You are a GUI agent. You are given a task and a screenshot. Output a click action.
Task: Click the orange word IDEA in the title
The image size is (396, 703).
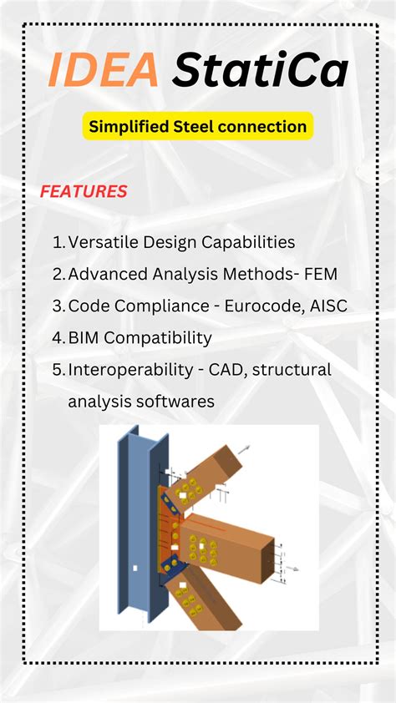click(102, 70)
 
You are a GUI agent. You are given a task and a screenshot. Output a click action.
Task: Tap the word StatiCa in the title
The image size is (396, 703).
click(260, 70)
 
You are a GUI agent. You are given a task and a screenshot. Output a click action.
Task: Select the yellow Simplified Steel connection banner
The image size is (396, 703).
click(198, 126)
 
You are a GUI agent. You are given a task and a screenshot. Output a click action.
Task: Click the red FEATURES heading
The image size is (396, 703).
click(84, 192)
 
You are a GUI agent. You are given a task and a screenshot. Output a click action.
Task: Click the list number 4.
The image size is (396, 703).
click(58, 337)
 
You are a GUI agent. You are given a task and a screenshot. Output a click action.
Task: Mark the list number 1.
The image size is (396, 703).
click(58, 242)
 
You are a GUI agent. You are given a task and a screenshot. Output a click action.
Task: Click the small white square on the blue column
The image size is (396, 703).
click(135, 568)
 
